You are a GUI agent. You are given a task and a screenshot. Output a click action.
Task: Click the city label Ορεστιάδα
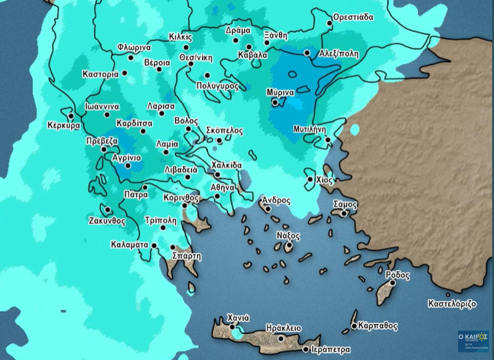pos(354,17)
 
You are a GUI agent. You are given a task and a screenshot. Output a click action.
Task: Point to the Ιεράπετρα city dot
pos(305,349)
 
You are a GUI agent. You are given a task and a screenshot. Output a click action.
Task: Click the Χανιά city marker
pos(232,327)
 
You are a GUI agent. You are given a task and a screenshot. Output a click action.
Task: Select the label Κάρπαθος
pos(377,326)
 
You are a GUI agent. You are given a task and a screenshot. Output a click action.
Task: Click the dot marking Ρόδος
pos(392,283)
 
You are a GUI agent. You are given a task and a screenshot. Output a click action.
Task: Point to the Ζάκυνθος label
pos(107,221)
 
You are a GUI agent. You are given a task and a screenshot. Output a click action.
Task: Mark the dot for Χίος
pos(311,180)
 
